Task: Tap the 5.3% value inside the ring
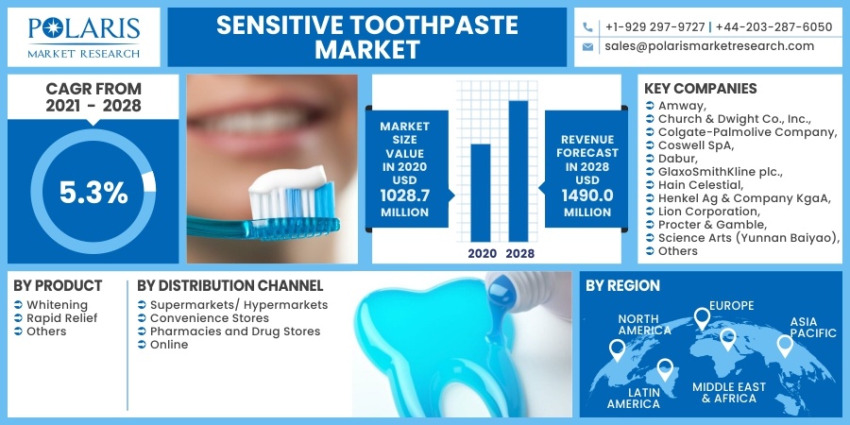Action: tap(93, 193)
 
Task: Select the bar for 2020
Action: tap(481, 193)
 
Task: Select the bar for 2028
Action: tap(518, 171)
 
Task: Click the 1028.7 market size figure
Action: tap(404, 195)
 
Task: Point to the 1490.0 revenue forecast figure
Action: tap(587, 195)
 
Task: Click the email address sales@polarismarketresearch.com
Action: tap(709, 45)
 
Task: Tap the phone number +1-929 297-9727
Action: tap(654, 26)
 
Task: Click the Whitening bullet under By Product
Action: tap(57, 305)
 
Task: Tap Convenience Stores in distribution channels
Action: tap(210, 318)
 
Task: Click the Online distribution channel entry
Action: tap(169, 345)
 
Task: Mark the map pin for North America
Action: tap(618, 350)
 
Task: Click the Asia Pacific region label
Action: tap(812, 327)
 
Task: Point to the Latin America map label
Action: tap(633, 398)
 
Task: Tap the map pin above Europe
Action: tap(702, 319)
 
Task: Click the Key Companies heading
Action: tap(701, 89)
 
